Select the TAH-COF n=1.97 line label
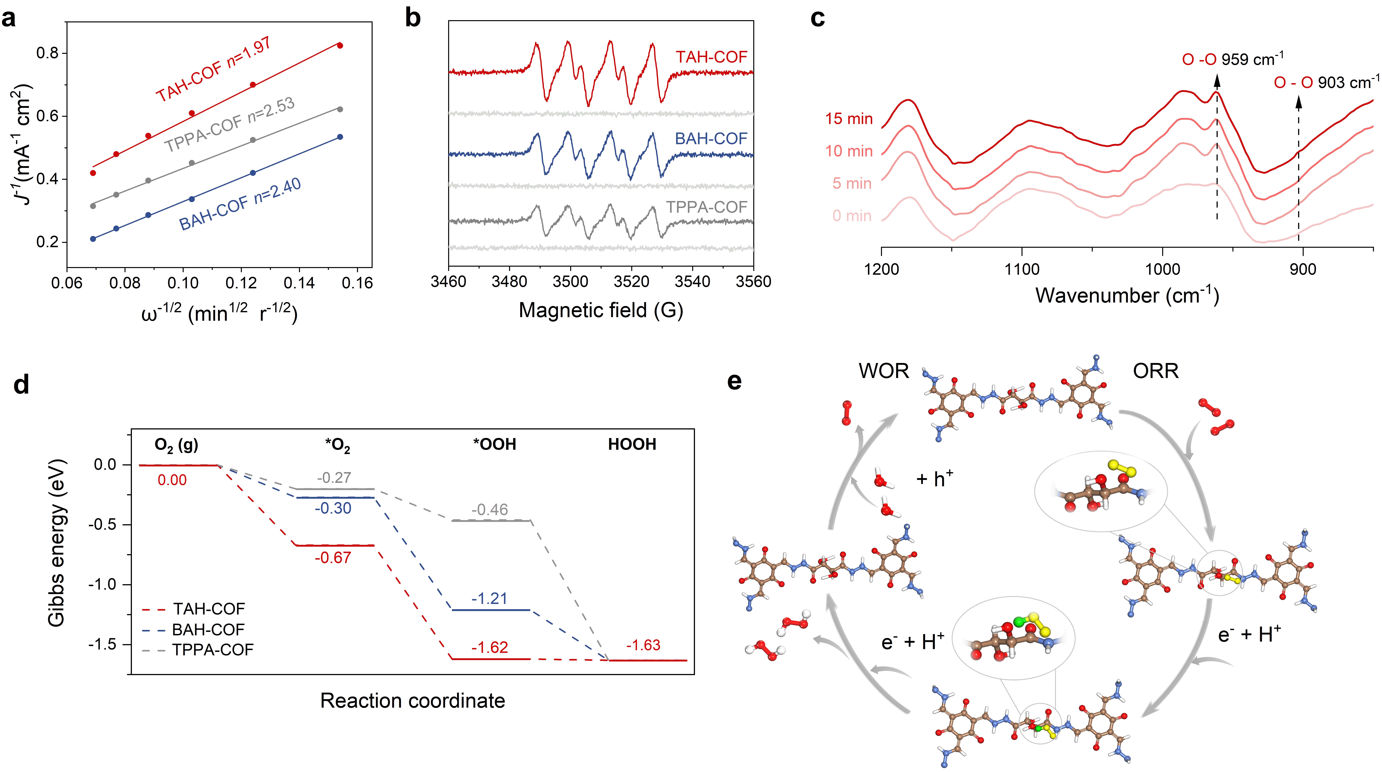coord(214,70)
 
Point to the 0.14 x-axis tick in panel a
coord(299,282)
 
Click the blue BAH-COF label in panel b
coord(711,139)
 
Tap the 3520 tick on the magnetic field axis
coord(631,282)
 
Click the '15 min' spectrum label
coord(849,118)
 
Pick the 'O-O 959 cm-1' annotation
coord(1232,59)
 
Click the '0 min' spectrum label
coord(852,215)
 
